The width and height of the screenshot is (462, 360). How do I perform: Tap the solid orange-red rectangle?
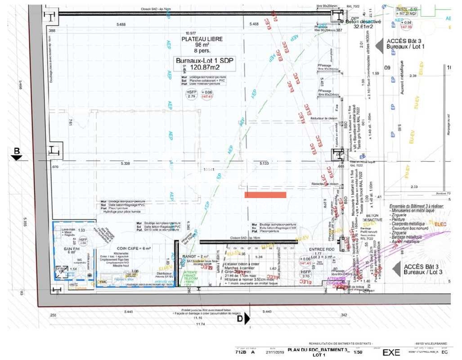[265, 195]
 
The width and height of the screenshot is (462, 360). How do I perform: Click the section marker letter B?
[17, 151]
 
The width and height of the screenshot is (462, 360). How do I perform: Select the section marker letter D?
[240, 319]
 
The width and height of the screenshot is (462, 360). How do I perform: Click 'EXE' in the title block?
[391, 352]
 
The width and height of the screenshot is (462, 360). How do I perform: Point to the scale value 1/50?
[359, 352]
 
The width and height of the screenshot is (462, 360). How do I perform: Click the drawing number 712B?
[241, 352]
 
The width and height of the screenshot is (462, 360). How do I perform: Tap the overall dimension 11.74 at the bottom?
[200, 324]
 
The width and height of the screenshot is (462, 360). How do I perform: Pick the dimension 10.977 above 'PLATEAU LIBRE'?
[191, 33]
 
